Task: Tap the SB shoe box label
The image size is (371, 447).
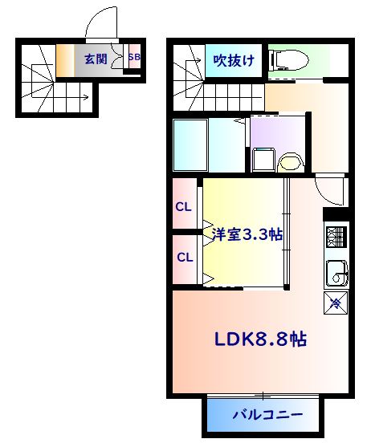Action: tap(134, 58)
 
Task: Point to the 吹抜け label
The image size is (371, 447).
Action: tap(234, 59)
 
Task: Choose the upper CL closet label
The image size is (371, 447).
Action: tap(184, 206)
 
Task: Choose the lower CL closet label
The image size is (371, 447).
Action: tap(185, 258)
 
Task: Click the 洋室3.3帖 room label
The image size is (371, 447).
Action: tap(247, 235)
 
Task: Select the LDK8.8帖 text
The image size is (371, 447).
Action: tap(259, 339)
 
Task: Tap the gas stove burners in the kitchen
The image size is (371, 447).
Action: tap(335, 237)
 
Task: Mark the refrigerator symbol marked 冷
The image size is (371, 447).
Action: tap(335, 303)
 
